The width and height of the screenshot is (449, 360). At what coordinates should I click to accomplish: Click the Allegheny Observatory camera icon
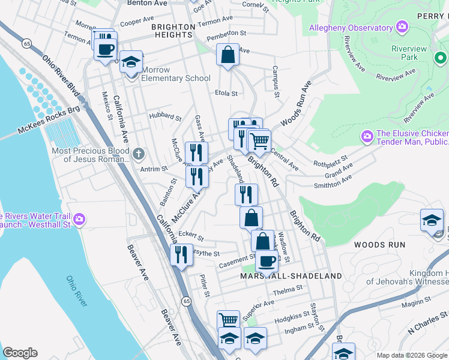coord(402,28)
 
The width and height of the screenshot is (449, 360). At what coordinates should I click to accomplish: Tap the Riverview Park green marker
coord(441,57)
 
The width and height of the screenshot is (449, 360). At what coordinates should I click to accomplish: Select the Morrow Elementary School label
coord(176,78)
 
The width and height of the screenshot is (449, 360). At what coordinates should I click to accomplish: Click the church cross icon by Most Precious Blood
coord(139,154)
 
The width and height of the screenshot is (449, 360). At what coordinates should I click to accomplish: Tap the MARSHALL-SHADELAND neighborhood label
coord(291,276)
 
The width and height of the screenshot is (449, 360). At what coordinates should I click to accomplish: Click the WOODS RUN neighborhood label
coord(379,245)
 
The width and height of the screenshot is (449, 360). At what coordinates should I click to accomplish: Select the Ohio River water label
coord(77,291)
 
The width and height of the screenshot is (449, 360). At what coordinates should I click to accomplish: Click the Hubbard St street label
coord(165,118)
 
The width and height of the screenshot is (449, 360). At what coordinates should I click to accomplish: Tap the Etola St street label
coord(226,93)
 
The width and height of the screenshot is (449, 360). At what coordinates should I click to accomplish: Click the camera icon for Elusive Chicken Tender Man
coord(367,137)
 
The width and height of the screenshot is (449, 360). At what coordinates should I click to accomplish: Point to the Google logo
coord(20,353)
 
